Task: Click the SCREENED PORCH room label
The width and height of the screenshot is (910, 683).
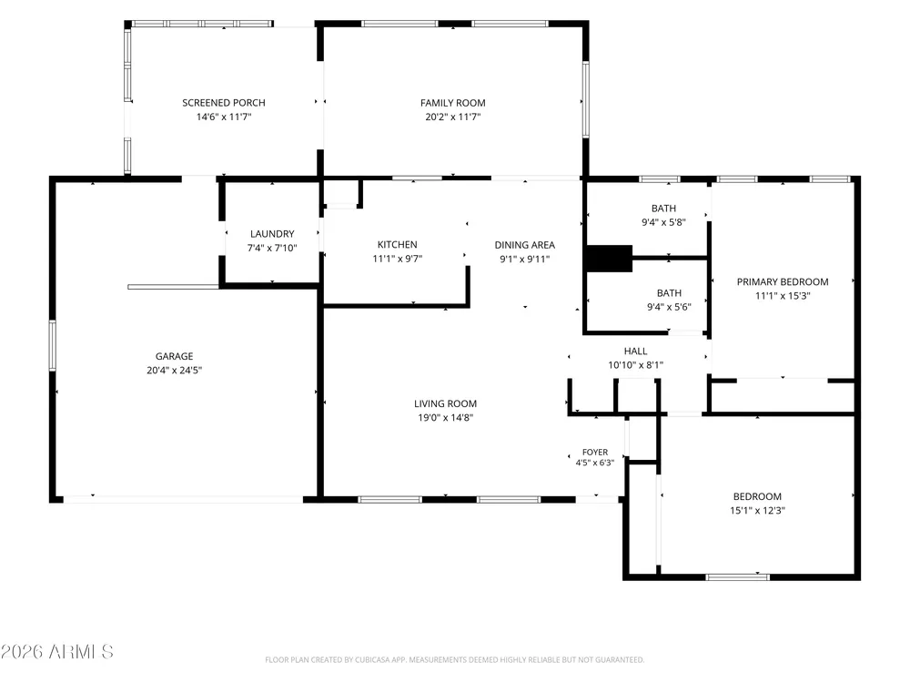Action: (224, 103)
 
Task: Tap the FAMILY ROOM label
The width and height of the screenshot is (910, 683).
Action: (452, 103)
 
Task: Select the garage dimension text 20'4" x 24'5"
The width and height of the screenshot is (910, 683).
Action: (174, 370)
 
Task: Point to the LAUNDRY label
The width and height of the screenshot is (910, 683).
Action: (272, 234)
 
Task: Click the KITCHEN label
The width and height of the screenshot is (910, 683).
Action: (397, 244)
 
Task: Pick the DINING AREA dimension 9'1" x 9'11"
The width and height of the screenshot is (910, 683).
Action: (525, 259)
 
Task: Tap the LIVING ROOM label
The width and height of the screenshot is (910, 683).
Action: (445, 403)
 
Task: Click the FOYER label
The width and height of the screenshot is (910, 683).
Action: (595, 452)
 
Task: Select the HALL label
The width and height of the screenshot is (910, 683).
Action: (635, 351)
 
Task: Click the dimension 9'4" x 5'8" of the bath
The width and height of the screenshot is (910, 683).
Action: (664, 222)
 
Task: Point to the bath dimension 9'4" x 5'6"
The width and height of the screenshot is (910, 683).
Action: (669, 307)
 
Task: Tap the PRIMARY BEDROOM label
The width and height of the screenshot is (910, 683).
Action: (783, 281)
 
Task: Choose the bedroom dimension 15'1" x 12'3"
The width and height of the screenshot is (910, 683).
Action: (757, 511)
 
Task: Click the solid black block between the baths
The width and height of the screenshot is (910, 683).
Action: (609, 259)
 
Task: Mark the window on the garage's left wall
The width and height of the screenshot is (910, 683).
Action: (52, 345)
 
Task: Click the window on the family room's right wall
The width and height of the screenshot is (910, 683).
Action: (585, 99)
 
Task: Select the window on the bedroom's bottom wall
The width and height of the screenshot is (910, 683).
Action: (738, 576)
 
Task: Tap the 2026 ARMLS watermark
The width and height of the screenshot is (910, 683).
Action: (56, 652)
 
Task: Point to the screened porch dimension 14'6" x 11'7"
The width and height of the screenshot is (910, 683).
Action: (224, 117)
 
